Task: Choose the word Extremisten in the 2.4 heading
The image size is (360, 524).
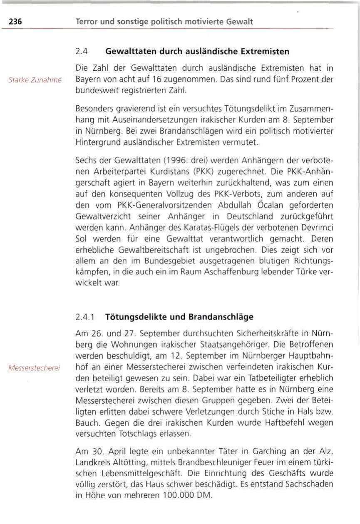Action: [x=264, y=52]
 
